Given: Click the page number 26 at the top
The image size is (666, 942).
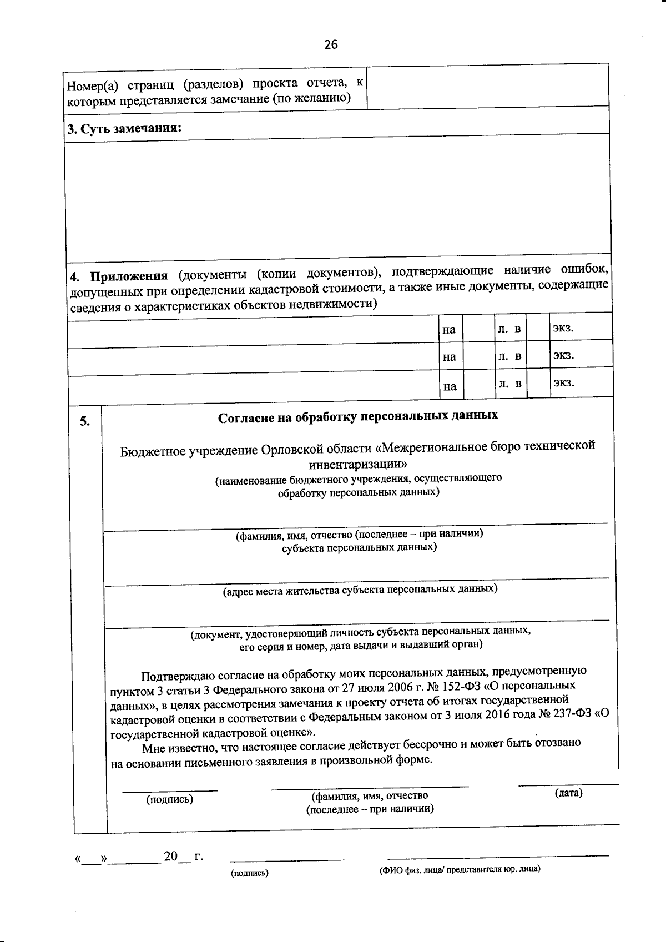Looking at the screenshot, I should [x=331, y=45].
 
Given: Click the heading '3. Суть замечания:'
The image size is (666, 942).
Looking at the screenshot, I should [x=124, y=129].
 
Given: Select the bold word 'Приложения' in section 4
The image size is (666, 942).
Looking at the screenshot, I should [x=129, y=276].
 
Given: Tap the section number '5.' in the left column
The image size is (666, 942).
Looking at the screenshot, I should [x=84, y=421].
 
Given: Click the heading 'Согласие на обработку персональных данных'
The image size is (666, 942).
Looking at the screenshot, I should [x=358, y=416].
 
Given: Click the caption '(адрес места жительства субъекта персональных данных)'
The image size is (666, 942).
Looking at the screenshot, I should [x=360, y=590].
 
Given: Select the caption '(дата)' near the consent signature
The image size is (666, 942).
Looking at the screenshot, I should [x=568, y=793].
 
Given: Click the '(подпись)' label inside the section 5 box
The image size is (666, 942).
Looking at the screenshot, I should [x=170, y=799].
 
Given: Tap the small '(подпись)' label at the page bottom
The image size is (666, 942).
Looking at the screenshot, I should [x=249, y=873].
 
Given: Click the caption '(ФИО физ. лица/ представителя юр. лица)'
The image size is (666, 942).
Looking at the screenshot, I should [x=460, y=869].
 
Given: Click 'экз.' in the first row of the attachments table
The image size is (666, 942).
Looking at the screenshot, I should [x=563, y=328].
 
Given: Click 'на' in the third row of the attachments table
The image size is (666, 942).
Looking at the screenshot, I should [x=450, y=386].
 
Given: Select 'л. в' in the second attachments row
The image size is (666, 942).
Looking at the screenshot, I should [x=509, y=356].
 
